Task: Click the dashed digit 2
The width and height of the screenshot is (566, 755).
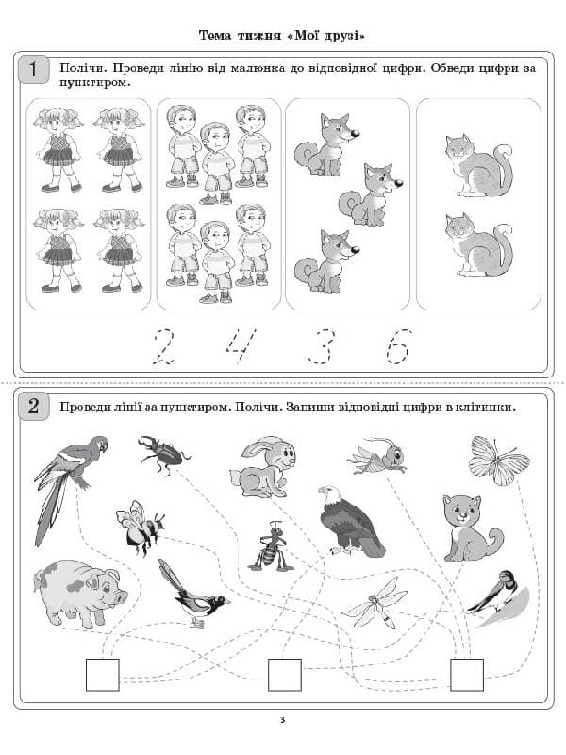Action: point(163,346)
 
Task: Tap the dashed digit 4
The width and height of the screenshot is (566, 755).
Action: point(241,346)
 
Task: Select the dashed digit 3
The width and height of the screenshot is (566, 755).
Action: point(322,346)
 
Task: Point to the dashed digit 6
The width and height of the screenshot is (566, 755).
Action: point(399,346)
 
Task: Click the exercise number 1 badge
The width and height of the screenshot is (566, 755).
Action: point(33,69)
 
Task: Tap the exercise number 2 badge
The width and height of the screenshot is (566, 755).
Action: point(33,406)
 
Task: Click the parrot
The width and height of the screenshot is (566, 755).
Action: point(71,490)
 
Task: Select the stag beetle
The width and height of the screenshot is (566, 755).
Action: point(164,454)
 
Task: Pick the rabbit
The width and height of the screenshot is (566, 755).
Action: point(263,466)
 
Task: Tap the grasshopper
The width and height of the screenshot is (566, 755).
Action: point(376,456)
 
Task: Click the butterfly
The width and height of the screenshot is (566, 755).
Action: point(499,461)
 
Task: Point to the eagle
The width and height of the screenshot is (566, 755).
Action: point(350,522)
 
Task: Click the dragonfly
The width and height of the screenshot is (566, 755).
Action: point(375,604)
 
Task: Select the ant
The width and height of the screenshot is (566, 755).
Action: point(271,546)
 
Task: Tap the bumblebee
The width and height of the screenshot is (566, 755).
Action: point(140,527)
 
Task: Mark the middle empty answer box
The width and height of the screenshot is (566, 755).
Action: point(285,675)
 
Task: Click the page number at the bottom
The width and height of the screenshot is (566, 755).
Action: point(282,720)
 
